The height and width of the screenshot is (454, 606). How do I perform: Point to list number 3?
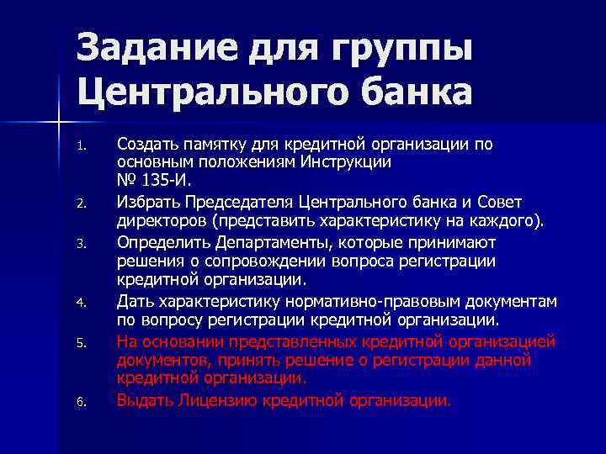(x=81, y=245)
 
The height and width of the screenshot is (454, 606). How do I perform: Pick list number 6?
(x=81, y=402)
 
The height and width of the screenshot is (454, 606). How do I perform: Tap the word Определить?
(x=157, y=243)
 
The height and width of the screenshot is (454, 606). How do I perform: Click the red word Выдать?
(x=143, y=400)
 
